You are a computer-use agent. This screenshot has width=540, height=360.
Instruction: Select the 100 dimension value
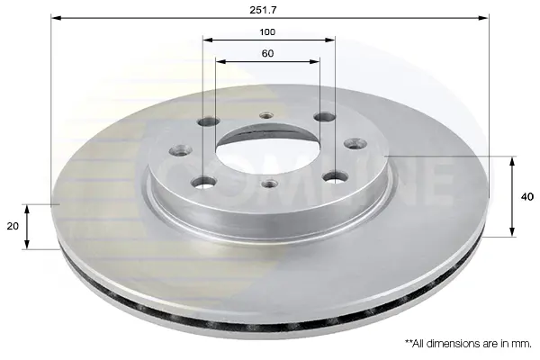coord(267,32)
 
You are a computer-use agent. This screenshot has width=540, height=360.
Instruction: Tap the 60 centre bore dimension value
coord(267,53)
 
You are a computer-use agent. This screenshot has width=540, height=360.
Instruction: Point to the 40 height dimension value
coord(526,197)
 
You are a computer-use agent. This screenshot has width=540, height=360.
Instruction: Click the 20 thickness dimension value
coord(13,226)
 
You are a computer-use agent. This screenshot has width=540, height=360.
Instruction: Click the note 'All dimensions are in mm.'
coord(468,344)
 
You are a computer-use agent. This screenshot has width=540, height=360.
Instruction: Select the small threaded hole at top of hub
coord(266,115)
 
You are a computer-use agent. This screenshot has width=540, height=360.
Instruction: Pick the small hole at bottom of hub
coord(270,184)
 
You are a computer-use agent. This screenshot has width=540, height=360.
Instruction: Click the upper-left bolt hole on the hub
coord(210,121)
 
